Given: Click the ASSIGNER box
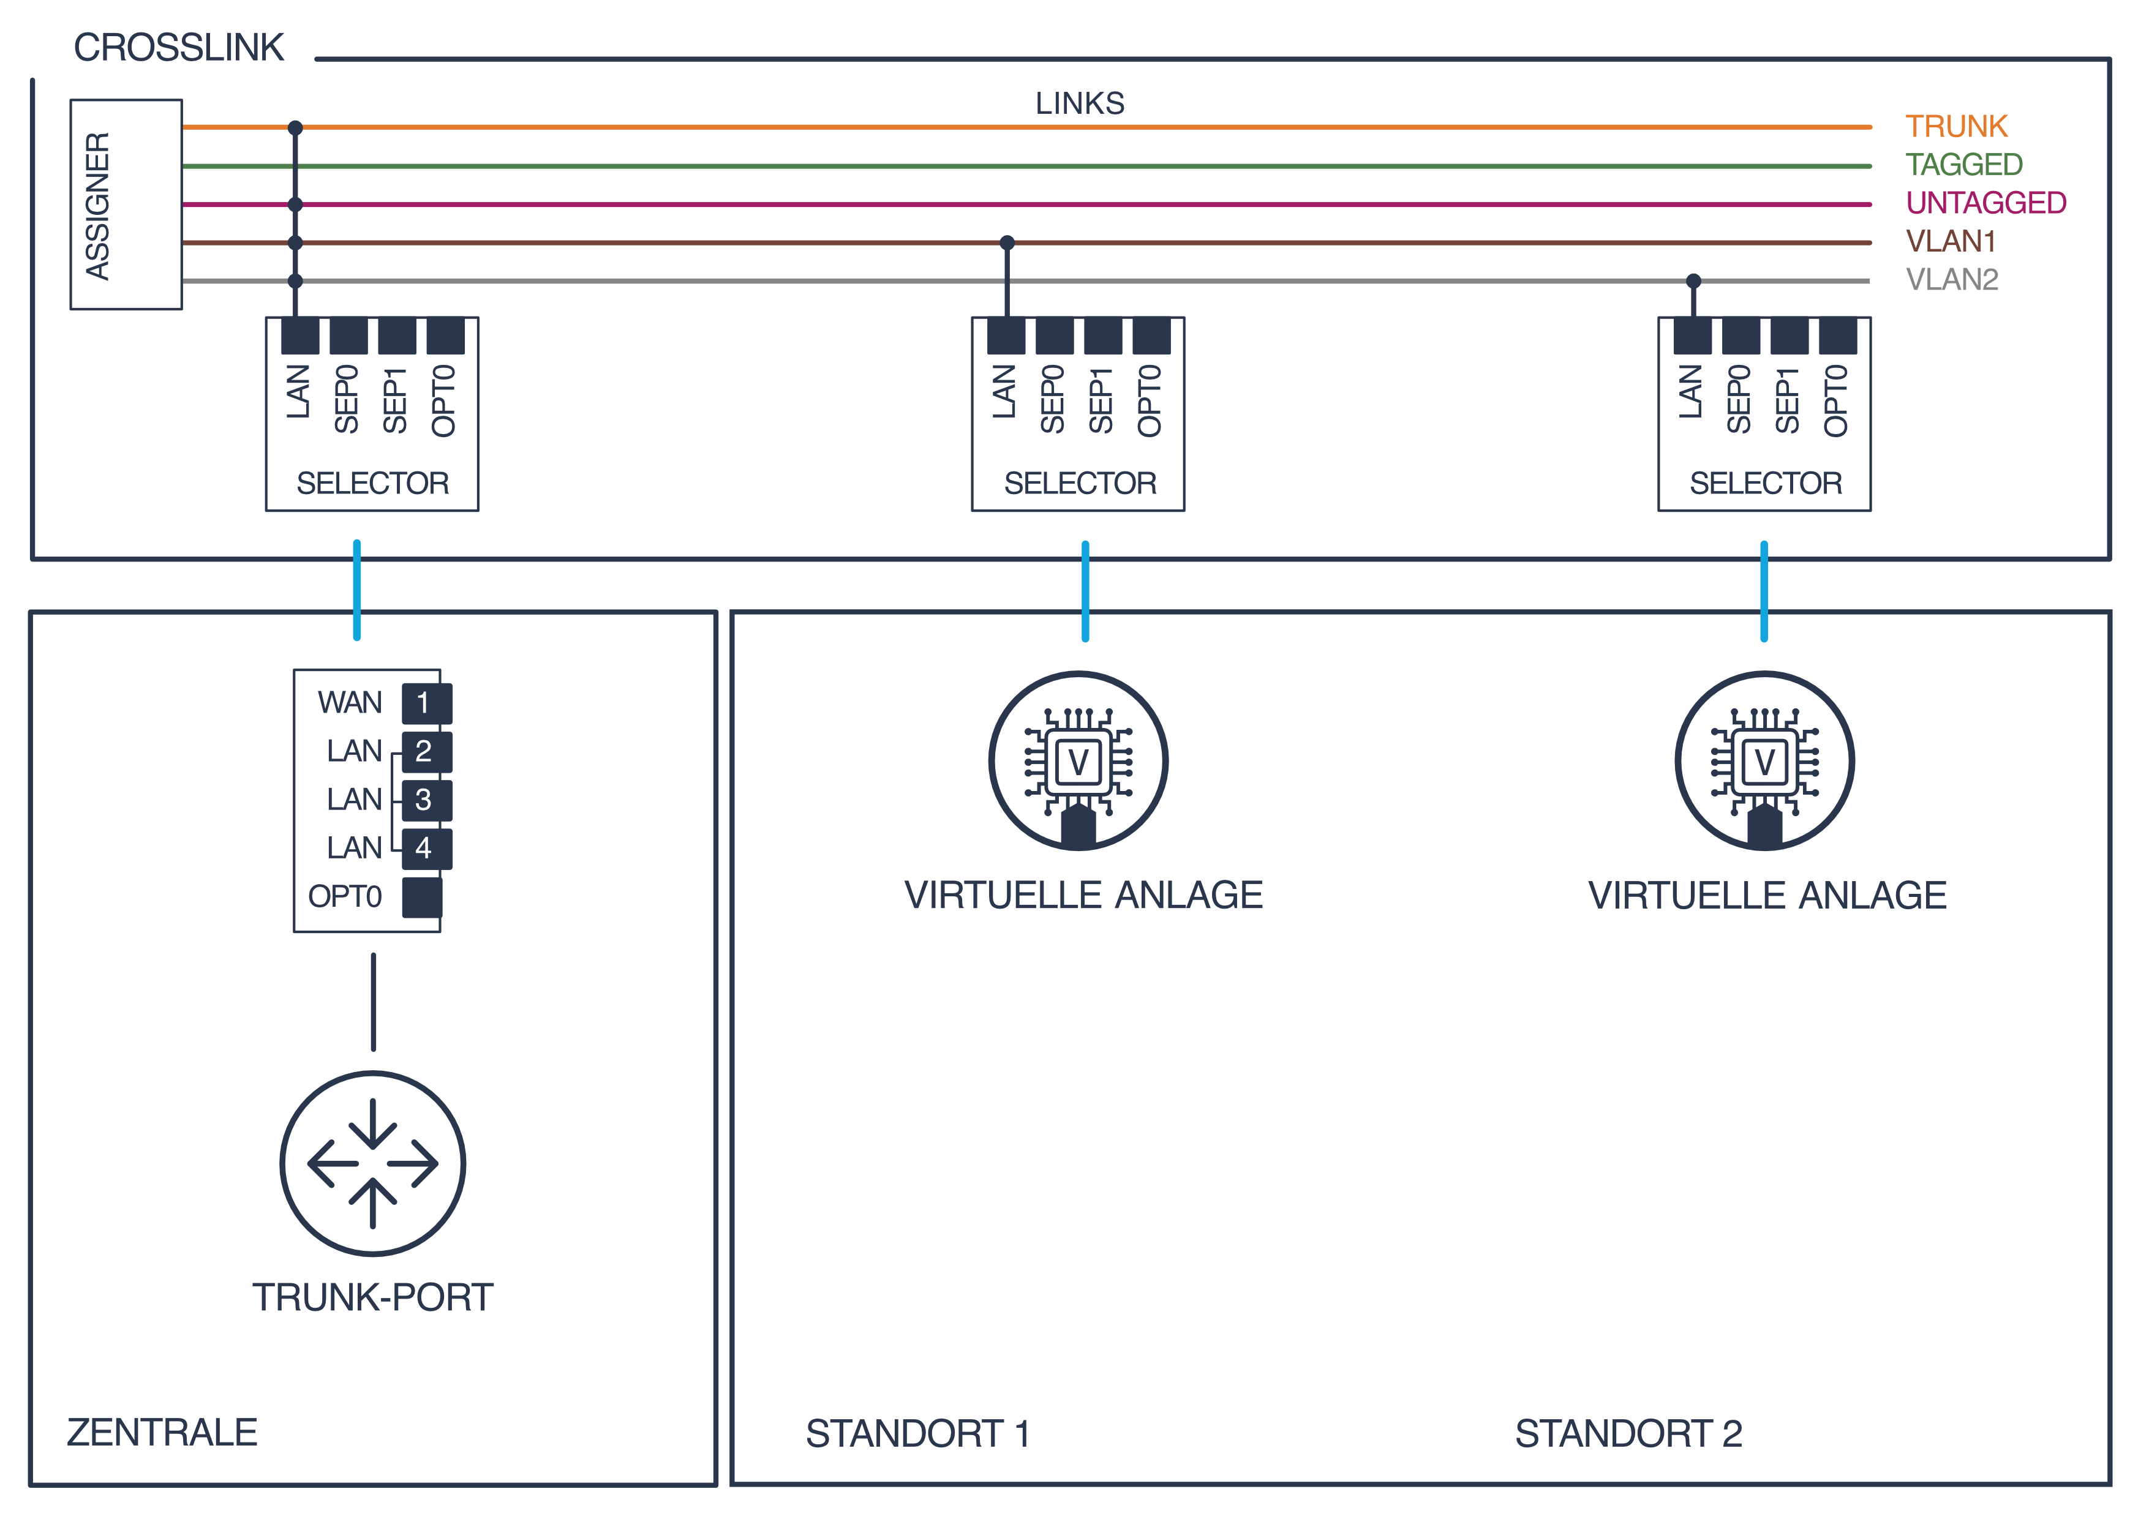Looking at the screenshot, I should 126,204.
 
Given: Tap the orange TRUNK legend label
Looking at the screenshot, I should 1956,126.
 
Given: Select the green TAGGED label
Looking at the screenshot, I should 1963,165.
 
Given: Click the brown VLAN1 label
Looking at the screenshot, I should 1951,241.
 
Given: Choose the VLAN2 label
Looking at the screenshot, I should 1952,280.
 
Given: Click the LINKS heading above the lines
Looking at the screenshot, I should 1079,103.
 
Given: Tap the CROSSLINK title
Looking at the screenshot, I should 179,48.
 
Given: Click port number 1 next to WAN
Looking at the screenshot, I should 426,703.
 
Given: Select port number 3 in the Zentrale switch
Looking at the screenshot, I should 426,800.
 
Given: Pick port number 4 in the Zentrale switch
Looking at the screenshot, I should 426,849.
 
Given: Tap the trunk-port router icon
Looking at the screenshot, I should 372,1163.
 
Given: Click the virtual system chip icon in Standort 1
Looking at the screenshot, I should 1078,761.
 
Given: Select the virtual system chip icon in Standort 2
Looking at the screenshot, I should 1764,761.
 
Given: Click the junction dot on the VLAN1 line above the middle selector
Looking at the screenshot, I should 1007,242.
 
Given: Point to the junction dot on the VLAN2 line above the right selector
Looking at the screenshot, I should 1693,281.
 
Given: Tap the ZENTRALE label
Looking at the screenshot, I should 162,1433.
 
